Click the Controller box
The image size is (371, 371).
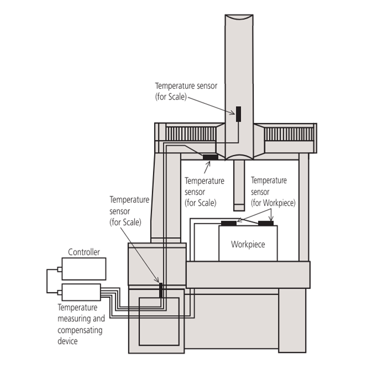84,269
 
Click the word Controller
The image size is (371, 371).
84,252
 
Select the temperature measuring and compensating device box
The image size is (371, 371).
81,292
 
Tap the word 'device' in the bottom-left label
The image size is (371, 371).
68,341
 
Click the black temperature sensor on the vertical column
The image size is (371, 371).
238,114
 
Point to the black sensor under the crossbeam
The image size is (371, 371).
210,157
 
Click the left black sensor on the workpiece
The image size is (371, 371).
228,223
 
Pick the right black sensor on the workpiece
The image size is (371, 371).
266,223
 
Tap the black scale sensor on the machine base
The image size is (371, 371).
161,290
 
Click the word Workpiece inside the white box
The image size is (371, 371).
248,244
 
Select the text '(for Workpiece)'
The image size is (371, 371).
273,203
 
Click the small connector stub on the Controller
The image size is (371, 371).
60,269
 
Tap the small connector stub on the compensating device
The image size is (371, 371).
60,293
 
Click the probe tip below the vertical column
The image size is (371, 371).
239,207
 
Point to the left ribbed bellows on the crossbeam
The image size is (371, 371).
191,134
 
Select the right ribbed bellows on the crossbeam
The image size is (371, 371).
289,134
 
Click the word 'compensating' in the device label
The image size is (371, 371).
80,330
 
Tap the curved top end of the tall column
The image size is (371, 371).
239,17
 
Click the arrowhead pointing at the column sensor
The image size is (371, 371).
232,113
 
